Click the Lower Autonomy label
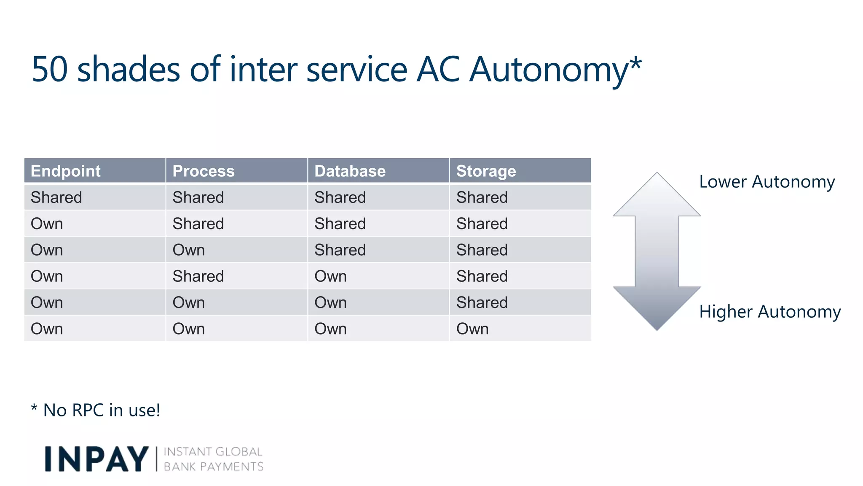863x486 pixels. [767, 182]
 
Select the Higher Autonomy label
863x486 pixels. [770, 312]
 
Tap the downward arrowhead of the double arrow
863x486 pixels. [657, 308]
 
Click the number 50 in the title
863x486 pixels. [50, 69]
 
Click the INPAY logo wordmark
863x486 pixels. [96, 459]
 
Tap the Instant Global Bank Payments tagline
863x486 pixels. [213, 459]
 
